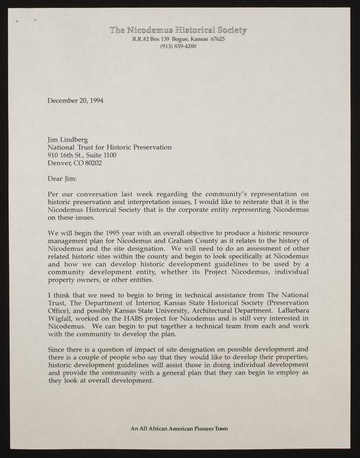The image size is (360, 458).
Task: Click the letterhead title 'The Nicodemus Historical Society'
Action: point(178,30)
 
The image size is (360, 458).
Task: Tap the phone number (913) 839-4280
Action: point(178,47)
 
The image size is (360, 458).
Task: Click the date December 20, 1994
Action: point(75,100)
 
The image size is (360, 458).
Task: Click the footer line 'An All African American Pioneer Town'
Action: point(179,429)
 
